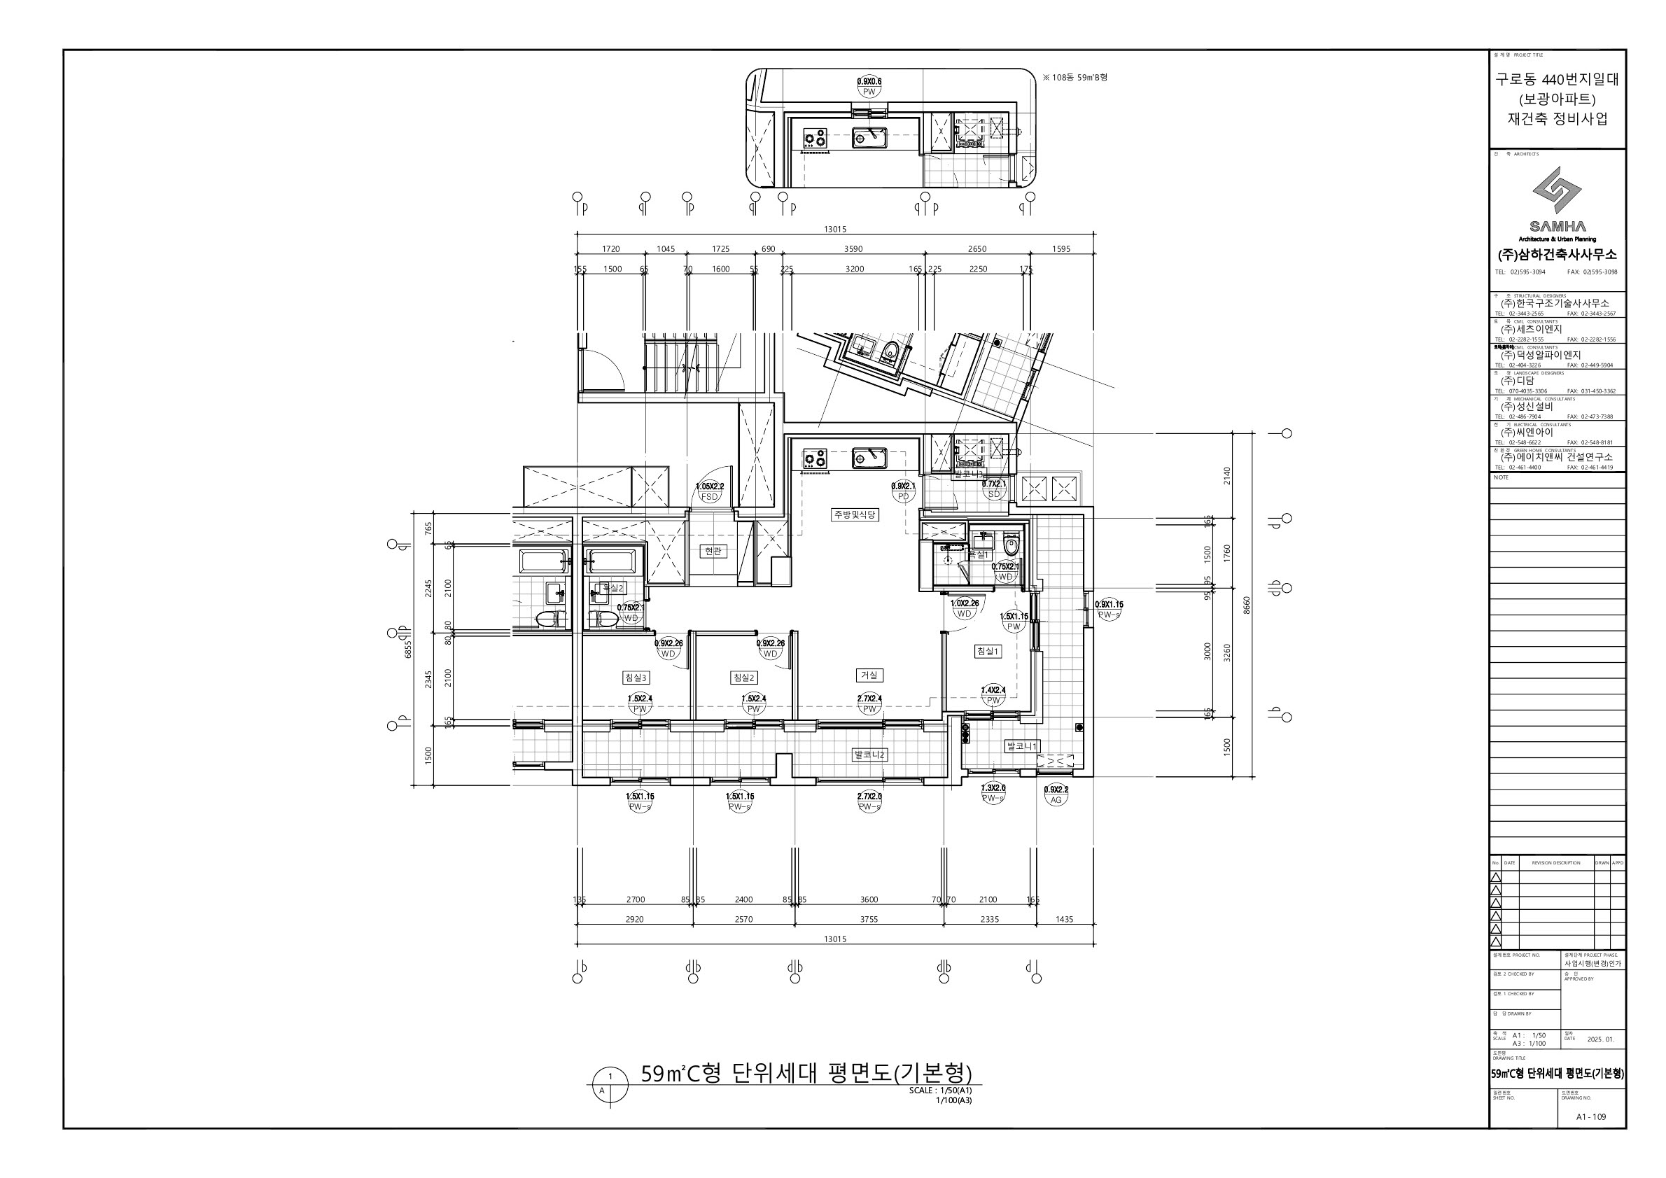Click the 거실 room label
tap(869, 675)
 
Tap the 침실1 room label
tap(987, 652)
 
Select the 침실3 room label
tap(636, 678)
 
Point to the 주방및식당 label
tap(855, 514)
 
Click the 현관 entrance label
tap(713, 552)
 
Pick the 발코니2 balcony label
tap(869, 755)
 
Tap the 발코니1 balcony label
tap(1022, 745)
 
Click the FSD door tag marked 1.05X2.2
tap(709, 492)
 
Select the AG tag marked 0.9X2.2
tap(1056, 795)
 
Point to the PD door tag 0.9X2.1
tap(903, 492)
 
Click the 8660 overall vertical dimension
tap(1247, 605)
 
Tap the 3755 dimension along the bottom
tap(869, 919)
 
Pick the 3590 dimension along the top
tap(853, 248)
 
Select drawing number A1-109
tap(1590, 1116)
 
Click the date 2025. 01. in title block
tap(1600, 1039)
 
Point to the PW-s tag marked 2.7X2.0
tap(869, 801)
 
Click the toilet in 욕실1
tap(1011, 544)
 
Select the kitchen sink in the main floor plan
tap(869, 458)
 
